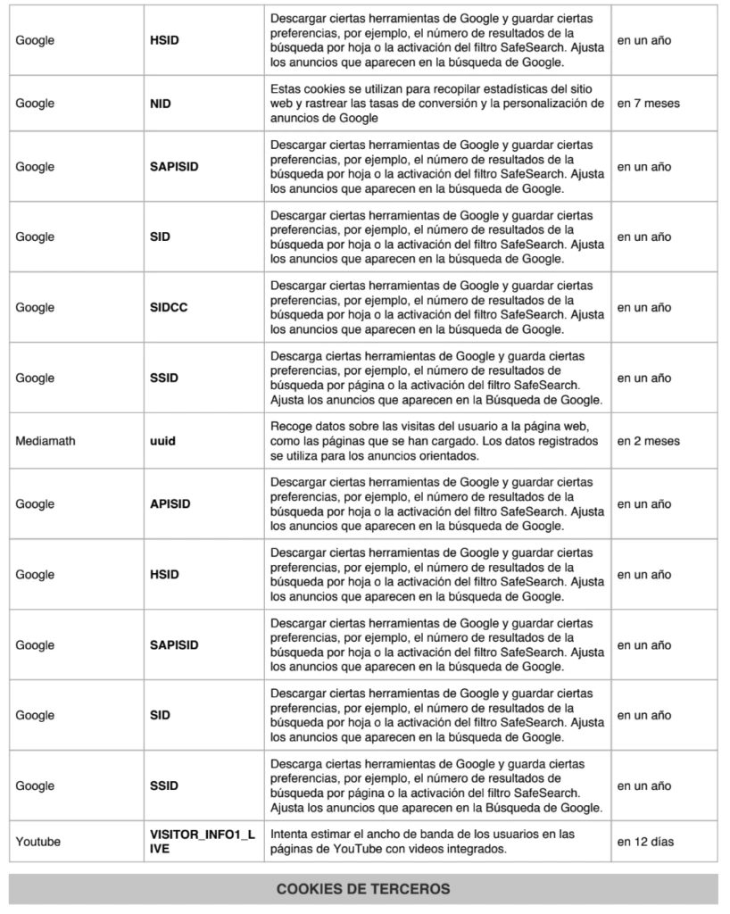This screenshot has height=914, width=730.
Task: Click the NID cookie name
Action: coord(161,104)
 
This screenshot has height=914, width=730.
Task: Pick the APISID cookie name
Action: coord(170,504)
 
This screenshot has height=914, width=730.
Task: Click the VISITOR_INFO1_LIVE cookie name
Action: coord(203,841)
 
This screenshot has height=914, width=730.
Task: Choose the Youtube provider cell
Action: coord(38,841)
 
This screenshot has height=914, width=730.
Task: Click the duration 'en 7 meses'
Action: coord(649,104)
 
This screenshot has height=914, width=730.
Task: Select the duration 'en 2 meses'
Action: coord(649,441)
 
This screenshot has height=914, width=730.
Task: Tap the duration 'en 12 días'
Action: coord(646,841)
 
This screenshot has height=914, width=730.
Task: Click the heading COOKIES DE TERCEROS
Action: coord(363,889)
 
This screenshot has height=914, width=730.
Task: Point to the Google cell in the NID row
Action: coord(35,104)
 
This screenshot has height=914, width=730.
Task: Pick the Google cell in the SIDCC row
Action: coord(35,308)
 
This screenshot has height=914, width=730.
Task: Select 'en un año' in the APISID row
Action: coord(644,504)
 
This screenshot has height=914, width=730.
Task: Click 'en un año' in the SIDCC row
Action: coord(644,308)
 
